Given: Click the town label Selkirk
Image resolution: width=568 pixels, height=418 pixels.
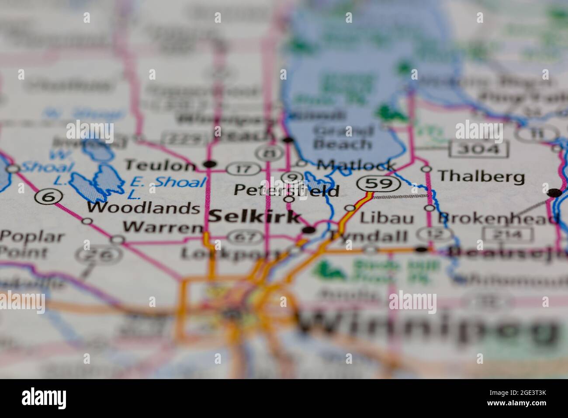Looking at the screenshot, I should pos(254,217).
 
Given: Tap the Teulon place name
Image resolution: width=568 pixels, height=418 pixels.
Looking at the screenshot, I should pos(160,165).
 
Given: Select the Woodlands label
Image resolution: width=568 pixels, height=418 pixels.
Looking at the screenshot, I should pos(143,208).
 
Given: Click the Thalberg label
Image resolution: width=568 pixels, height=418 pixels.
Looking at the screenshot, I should pos(481,176).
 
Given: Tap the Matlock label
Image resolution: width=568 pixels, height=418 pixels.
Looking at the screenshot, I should pos(356,165).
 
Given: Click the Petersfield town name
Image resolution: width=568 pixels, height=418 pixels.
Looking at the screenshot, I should pos(286,190).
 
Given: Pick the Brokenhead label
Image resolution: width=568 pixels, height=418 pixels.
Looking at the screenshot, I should pos(498,218).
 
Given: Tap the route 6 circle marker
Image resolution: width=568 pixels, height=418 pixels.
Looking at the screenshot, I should pos(48,197).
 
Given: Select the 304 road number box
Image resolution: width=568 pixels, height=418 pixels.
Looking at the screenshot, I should pos(479,150).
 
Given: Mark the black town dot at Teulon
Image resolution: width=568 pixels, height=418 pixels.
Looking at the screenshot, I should pos(211,164).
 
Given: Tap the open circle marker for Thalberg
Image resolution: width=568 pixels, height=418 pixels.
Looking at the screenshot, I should pos(426,169).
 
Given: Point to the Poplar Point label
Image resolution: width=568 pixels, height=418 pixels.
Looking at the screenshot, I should pos(31,245).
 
